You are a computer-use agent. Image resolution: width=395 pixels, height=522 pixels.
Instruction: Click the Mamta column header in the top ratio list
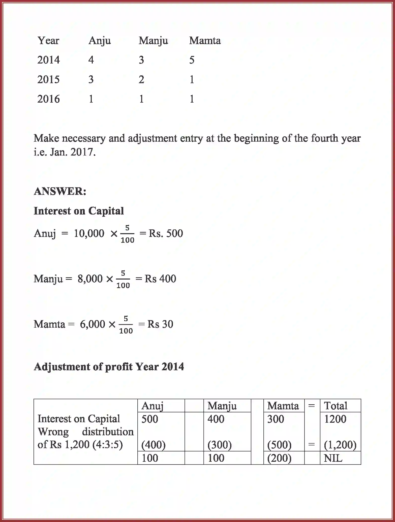[x=205, y=41]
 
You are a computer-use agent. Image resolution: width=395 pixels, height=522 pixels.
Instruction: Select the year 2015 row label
[x=48, y=80]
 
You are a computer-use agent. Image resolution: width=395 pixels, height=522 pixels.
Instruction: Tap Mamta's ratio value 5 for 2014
[x=192, y=60]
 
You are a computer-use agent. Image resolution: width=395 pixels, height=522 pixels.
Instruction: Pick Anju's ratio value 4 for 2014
[x=91, y=60]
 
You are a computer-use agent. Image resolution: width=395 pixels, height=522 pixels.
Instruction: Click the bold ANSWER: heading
[x=60, y=191]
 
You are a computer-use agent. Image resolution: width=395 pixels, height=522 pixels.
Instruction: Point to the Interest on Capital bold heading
[x=79, y=211]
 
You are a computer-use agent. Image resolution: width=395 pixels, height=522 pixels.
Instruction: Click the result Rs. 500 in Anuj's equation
[x=166, y=233]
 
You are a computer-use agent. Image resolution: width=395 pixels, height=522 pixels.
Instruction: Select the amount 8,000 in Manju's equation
[x=90, y=279]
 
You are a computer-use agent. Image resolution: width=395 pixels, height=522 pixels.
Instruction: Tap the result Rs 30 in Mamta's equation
[x=160, y=324]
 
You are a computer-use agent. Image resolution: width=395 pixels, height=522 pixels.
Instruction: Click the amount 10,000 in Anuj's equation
[x=89, y=233]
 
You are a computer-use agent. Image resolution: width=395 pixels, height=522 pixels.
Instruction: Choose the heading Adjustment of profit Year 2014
[x=109, y=367]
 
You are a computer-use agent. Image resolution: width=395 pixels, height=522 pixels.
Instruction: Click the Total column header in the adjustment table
[x=336, y=406]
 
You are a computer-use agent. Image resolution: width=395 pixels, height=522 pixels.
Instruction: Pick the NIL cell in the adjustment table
[x=333, y=458]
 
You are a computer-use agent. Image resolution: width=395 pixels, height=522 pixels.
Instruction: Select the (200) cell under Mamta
[x=279, y=458]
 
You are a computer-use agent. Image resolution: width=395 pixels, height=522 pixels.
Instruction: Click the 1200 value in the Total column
[x=335, y=419]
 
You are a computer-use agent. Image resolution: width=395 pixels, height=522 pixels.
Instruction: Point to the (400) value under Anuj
[x=153, y=445]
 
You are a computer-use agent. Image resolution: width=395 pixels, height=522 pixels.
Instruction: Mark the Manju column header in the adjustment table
[x=222, y=406]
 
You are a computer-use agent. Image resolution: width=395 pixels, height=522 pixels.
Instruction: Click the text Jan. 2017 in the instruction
[x=73, y=152]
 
